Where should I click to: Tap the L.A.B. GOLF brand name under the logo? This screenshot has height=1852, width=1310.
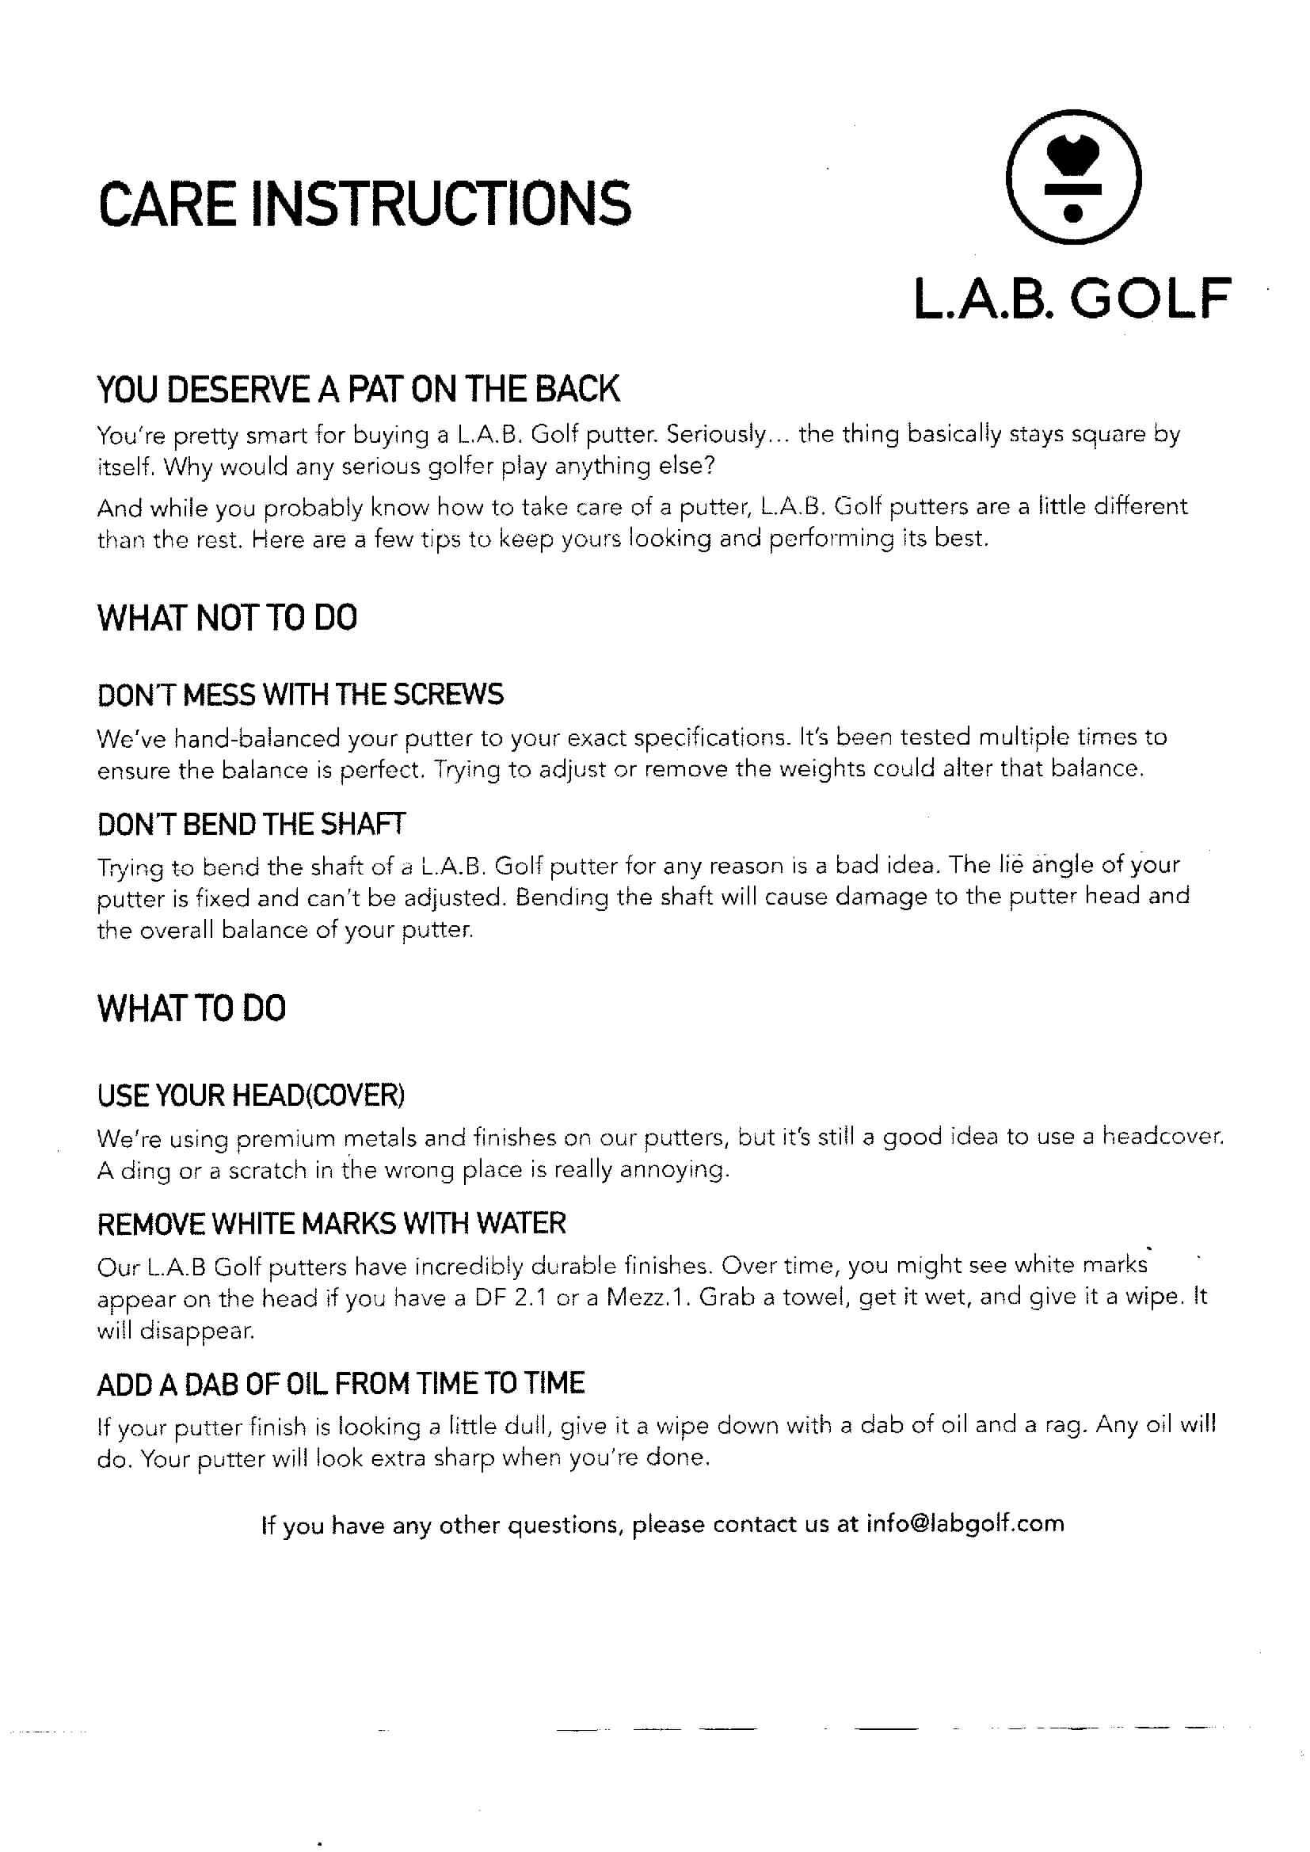[x=1072, y=299]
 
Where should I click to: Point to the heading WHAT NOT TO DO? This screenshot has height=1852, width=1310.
[x=227, y=618]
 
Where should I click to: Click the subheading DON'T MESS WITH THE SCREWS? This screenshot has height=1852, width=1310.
[x=300, y=695]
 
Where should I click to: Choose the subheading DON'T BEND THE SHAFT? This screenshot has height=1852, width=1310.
[x=252, y=824]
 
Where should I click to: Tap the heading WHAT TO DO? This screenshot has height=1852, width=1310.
[x=191, y=1008]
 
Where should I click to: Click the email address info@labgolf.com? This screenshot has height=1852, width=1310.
[x=965, y=1523]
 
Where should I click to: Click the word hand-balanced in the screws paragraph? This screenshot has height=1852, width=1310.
[x=285, y=737]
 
